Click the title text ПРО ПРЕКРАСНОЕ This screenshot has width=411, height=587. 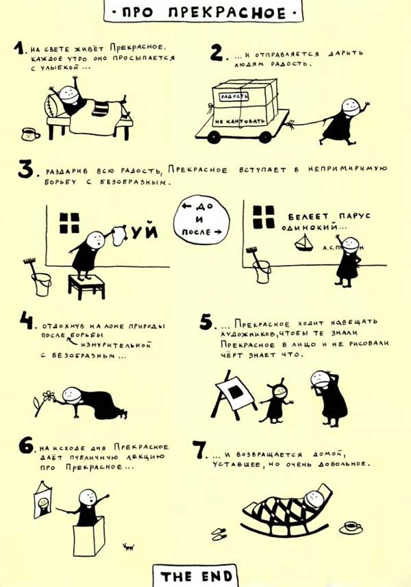205,12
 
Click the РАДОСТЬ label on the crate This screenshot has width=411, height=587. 233,97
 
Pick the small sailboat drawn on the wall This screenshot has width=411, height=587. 303,242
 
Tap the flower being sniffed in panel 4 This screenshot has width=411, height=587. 47,397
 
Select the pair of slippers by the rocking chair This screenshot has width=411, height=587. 220,532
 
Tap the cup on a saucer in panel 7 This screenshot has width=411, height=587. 351,527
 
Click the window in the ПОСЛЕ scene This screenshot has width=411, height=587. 263,217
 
